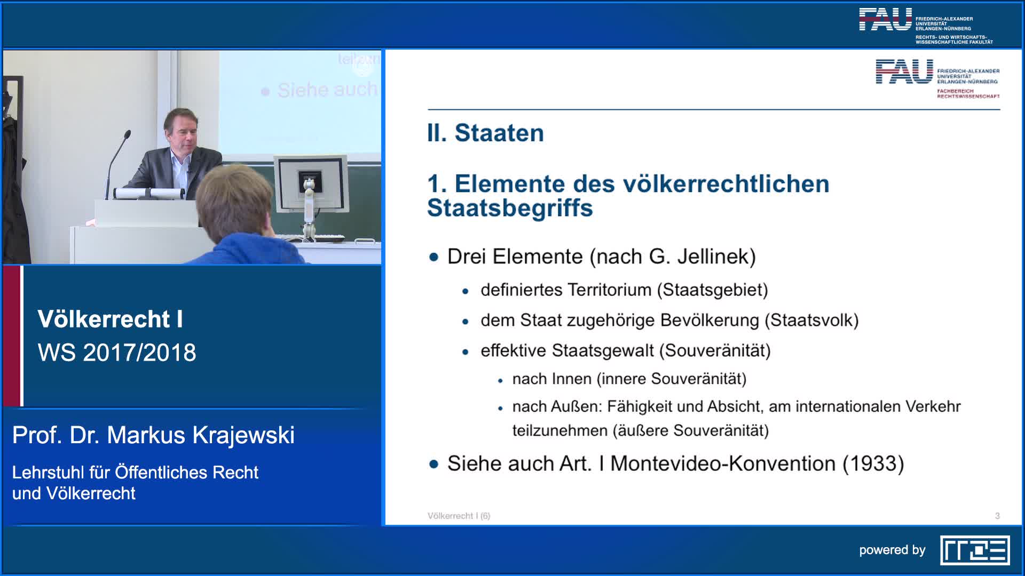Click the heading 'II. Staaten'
point(485,133)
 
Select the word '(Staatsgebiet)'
point(712,290)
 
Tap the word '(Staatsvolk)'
point(811,321)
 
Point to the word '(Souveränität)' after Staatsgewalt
point(715,351)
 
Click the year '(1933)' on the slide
point(873,463)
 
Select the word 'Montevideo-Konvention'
point(722,463)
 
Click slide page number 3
point(997,516)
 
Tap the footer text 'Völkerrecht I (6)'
point(459,516)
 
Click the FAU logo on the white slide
point(904,73)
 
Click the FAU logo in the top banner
point(885,20)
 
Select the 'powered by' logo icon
point(974,550)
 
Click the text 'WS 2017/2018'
point(117,353)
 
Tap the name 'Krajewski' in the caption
point(243,435)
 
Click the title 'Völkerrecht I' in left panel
point(110,319)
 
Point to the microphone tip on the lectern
point(128,133)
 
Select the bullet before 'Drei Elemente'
point(433,257)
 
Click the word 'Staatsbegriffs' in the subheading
point(510,208)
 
